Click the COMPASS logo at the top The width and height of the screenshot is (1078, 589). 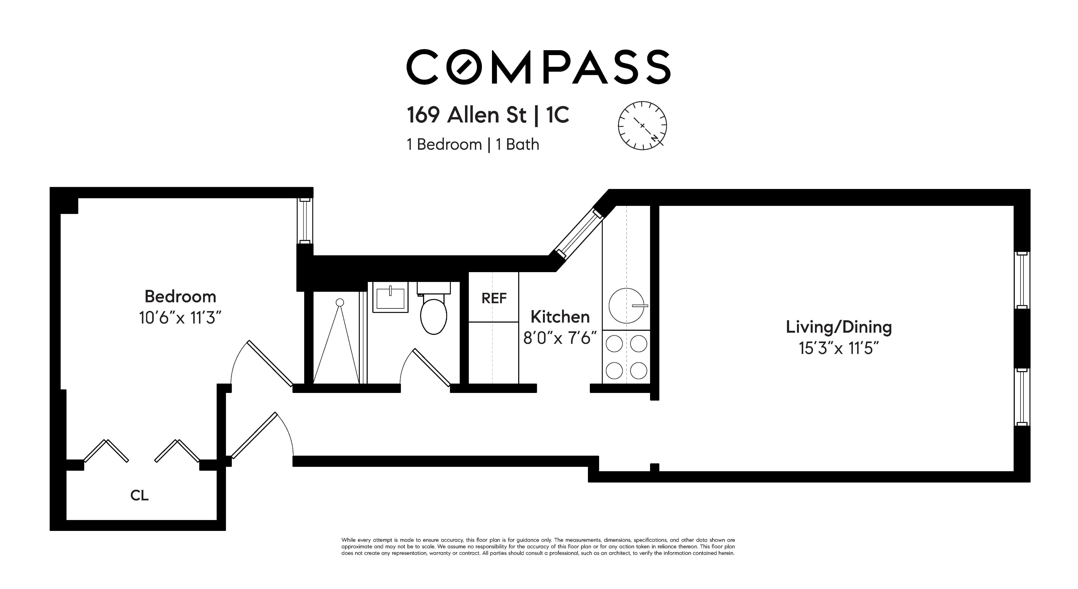[x=539, y=67]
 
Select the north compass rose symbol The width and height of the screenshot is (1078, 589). [x=642, y=125]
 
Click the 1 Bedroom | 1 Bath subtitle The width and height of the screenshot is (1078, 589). [x=473, y=145]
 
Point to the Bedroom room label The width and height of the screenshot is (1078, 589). [x=180, y=296]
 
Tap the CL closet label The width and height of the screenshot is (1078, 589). [x=139, y=496]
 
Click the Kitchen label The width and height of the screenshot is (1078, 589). [x=560, y=317]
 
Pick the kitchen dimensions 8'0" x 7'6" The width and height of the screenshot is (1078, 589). [x=560, y=338]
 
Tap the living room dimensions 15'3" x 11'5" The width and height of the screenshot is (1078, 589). [x=839, y=348]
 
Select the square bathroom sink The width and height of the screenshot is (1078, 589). [x=390, y=297]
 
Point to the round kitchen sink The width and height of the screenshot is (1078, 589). [x=626, y=306]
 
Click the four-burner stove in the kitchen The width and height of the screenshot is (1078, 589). [x=626, y=357]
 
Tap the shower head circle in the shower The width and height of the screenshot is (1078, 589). [x=340, y=302]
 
